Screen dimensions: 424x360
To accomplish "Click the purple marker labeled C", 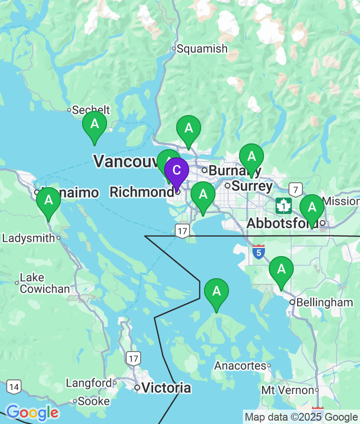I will [x=176, y=171].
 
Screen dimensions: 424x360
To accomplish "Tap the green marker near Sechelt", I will [x=95, y=125].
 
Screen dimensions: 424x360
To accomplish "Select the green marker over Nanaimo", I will [x=48, y=200].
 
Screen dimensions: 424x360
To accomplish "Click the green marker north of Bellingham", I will [x=281, y=270].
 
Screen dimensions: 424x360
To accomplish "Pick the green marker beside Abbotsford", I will [x=312, y=208].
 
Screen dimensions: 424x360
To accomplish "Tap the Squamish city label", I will [x=202, y=48].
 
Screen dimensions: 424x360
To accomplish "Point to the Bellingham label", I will [x=324, y=302].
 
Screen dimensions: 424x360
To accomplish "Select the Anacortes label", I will [x=240, y=365].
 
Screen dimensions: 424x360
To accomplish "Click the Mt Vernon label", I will [x=288, y=390].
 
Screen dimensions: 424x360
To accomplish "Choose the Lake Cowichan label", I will [x=45, y=283].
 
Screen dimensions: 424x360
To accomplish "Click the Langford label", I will [x=88, y=383].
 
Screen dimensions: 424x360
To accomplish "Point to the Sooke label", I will [x=93, y=400].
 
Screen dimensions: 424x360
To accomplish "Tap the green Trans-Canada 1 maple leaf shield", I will [x=284, y=206].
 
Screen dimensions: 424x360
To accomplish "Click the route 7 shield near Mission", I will [x=296, y=189].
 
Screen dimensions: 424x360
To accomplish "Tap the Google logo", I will [x=32, y=412].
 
